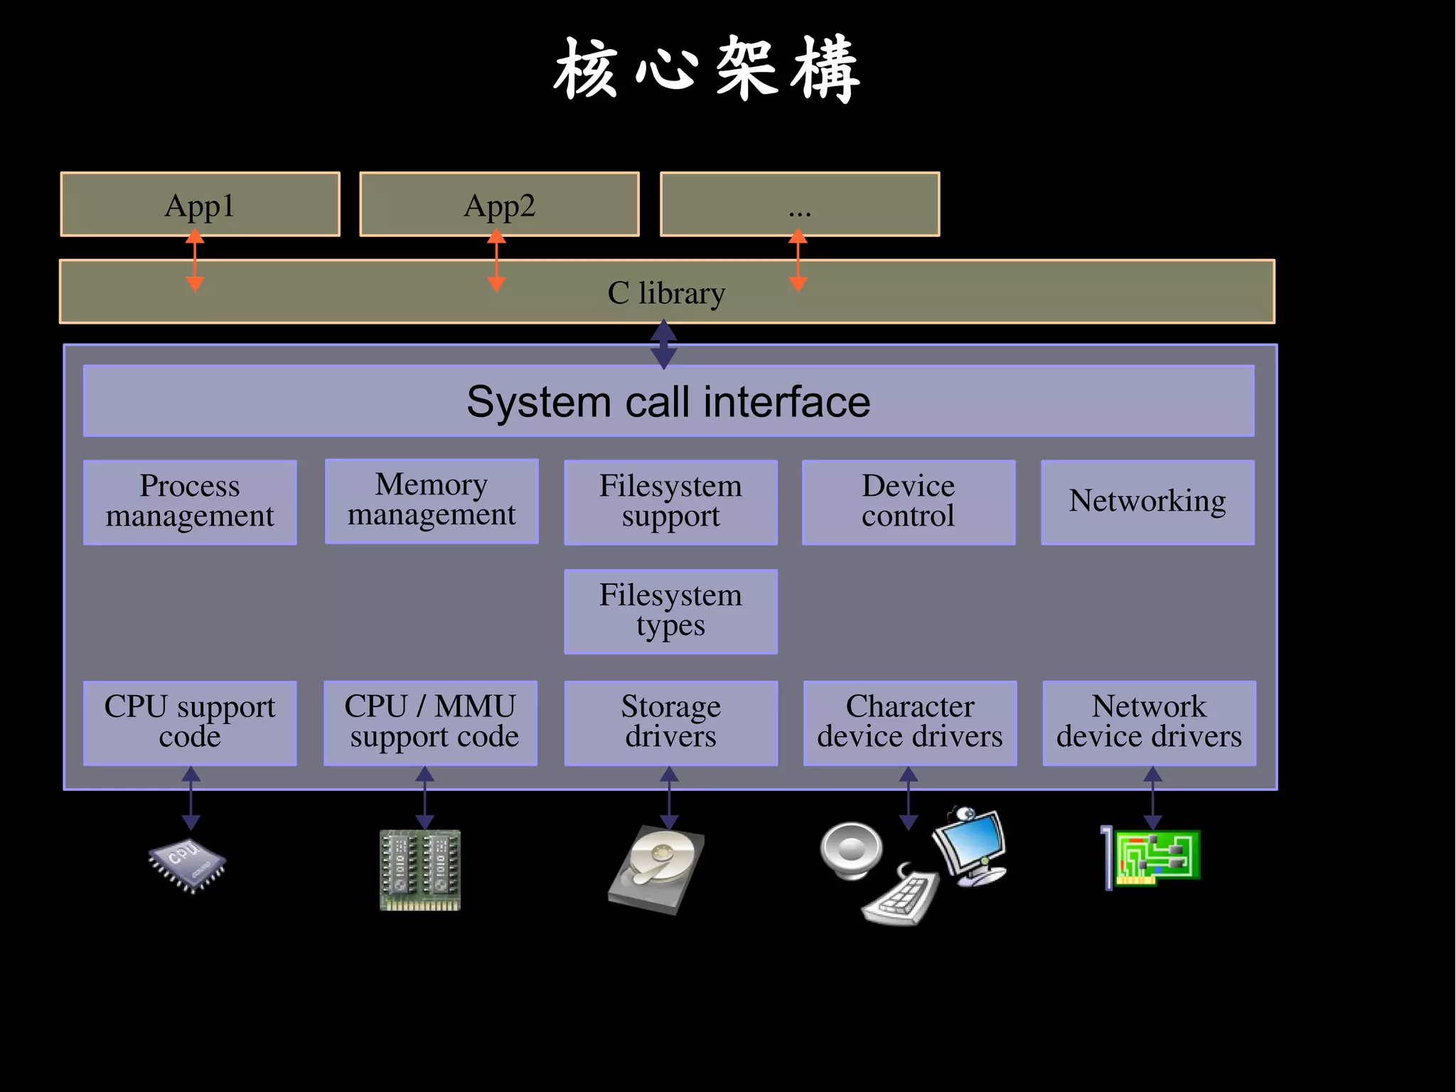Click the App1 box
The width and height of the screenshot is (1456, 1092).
pos(200,204)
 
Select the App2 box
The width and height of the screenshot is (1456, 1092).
pos(499,204)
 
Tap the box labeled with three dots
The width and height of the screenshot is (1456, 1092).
pos(799,204)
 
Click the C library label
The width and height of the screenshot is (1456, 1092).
pos(666,293)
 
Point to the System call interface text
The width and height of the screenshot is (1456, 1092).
pos(668,402)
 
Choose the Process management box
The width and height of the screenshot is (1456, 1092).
pos(190,502)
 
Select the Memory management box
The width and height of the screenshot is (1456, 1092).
pos(432,501)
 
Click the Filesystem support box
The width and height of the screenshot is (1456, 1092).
pos(670,502)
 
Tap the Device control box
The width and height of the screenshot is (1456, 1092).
pos(908,502)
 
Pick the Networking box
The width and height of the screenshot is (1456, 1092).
pos(1147,502)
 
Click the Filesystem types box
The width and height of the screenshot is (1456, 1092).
pos(670,611)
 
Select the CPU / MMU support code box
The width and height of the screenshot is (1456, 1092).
pos(431,723)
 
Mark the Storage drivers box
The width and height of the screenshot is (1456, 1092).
pos(670,723)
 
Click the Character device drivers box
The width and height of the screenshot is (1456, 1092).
pos(909,723)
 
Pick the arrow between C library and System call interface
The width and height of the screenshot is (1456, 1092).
pos(663,344)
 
